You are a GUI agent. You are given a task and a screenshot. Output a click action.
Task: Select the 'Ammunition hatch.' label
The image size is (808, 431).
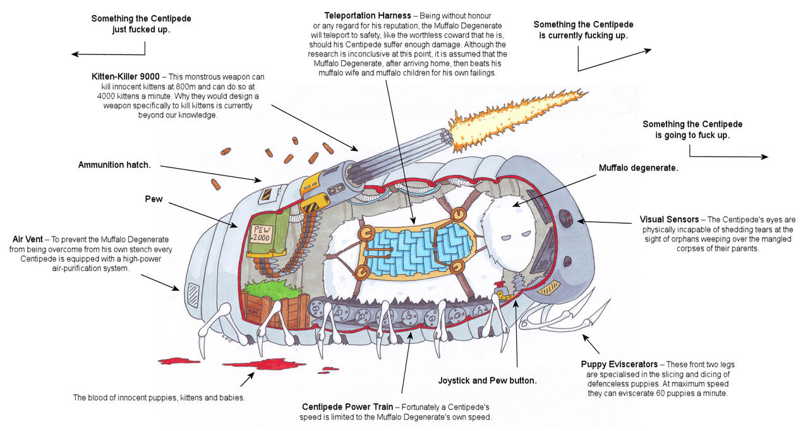[114, 165]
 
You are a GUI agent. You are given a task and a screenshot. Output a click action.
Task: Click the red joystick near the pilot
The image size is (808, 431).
[503, 293]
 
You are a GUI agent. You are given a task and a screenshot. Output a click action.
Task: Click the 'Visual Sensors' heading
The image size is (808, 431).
[669, 220]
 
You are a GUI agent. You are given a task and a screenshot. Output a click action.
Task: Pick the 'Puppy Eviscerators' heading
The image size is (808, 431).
[619, 365]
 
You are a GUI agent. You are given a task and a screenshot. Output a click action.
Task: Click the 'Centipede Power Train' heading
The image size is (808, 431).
[342, 406]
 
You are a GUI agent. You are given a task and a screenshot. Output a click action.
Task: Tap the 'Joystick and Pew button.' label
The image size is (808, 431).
[487, 381]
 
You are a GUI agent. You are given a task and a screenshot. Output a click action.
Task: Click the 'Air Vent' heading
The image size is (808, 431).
[28, 240]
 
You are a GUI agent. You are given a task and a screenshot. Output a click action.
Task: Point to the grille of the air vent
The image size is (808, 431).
[192, 295]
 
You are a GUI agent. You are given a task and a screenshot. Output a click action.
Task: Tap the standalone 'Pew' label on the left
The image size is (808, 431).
[154, 199]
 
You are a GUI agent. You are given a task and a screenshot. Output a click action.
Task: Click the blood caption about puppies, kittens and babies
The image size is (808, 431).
[159, 398]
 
